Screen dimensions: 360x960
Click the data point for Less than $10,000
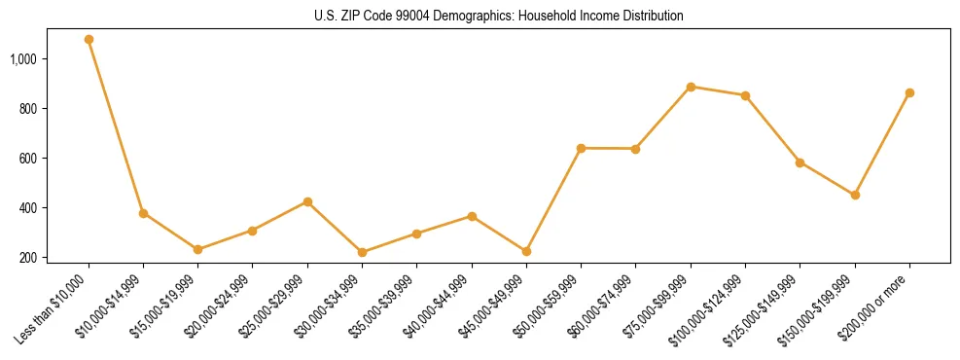point(89,40)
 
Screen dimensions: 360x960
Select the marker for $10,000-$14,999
point(143,213)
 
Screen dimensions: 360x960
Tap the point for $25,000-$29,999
point(307,201)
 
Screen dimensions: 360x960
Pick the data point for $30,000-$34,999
point(362,252)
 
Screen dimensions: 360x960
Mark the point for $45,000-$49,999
point(526,251)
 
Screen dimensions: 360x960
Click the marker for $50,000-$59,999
point(581,148)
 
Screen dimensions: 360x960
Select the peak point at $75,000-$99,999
point(691,87)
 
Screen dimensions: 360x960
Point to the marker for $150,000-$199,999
point(855,195)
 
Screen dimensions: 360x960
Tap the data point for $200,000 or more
point(909,92)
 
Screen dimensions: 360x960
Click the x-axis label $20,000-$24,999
point(218,306)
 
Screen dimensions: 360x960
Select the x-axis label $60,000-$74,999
point(601,306)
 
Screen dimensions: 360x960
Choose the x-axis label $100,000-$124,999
point(707,308)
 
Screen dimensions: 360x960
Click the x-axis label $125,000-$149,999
point(762,308)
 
